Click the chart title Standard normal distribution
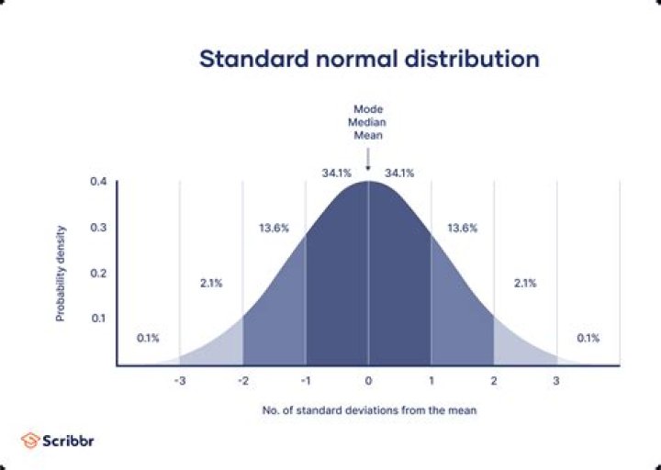click(x=369, y=59)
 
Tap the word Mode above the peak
click(x=368, y=108)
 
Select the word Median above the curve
click(x=368, y=121)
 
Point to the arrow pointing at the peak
click(x=368, y=161)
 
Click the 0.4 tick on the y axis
click(x=99, y=182)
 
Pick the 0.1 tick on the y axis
click(x=99, y=319)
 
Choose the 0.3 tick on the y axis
click(x=99, y=228)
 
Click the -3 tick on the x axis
click(x=180, y=380)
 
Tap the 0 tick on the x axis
click(x=368, y=380)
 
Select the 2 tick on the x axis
click(x=494, y=380)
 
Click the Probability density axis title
click(x=61, y=274)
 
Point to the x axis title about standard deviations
click(x=368, y=410)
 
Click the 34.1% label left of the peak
click(x=336, y=173)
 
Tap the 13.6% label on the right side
click(x=462, y=229)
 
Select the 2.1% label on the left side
click(x=210, y=283)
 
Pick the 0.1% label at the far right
click(x=588, y=338)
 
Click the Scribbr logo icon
click(x=29, y=440)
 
